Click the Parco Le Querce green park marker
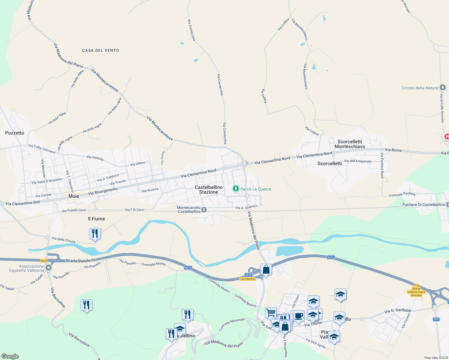pyautogui.click(x=236, y=189)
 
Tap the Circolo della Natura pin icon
pyautogui.click(x=442, y=88)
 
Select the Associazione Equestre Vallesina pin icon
pyautogui.click(x=48, y=268)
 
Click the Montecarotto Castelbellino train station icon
pyautogui.click(x=204, y=210)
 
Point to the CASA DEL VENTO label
pyautogui.click(x=101, y=50)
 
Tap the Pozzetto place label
pyautogui.click(x=15, y=133)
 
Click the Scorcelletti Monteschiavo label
pyautogui.click(x=350, y=144)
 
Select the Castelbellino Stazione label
pyautogui.click(x=209, y=190)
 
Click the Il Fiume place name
pyautogui.click(x=96, y=219)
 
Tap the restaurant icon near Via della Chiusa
pyautogui.click(x=95, y=233)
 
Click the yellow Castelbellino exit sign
pyautogui.click(x=248, y=279)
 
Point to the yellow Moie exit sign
pyautogui.click(x=44, y=261)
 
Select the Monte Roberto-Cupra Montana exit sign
pyautogui.click(x=416, y=292)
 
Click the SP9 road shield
pyautogui.click(x=436, y=319)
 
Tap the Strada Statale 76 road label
pyautogui.click(x=80, y=260)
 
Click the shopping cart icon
pyautogui.click(x=271, y=313)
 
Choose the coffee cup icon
pyautogui.click(x=298, y=316)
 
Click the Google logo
pyautogui.click(x=10, y=356)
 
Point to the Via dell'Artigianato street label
pyautogui.click(x=358, y=161)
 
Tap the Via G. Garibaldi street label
pyautogui.click(x=398, y=311)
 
